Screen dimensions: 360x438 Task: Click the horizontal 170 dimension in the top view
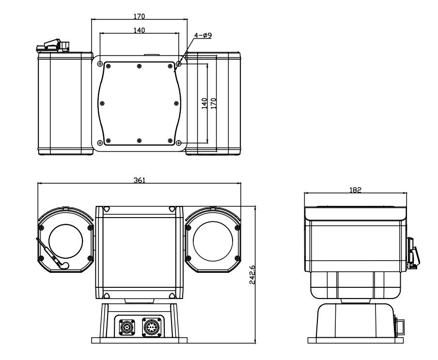point(139,16)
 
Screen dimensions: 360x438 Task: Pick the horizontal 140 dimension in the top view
point(139,30)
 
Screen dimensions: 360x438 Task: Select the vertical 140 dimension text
point(204,103)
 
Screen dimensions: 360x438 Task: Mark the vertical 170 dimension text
point(214,103)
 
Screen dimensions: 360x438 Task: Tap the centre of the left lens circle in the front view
point(67,241)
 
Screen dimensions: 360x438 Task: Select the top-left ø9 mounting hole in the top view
point(100,64)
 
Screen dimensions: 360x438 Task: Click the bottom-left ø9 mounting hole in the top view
point(100,143)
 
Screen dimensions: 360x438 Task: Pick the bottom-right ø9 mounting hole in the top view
point(179,143)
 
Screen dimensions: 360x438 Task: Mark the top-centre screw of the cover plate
point(139,66)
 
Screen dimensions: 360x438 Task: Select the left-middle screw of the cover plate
point(102,103)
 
